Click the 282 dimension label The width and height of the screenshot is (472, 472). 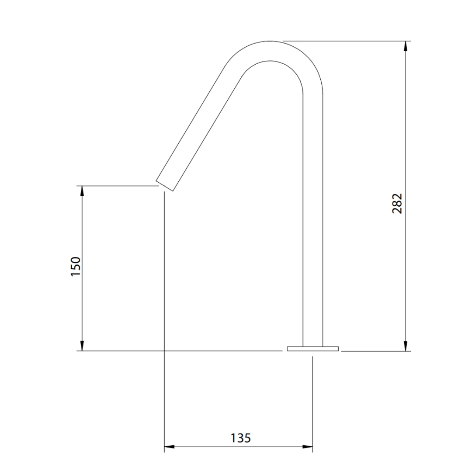coord(397,204)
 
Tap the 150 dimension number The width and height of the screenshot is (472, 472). coord(76,267)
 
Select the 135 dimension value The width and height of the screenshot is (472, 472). coord(240,438)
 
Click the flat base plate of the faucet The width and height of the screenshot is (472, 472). coord(313,349)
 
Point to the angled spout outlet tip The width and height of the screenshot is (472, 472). coord(164,186)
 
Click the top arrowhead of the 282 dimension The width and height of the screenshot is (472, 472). coord(406,46)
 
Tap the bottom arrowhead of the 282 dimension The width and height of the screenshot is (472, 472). coord(406,346)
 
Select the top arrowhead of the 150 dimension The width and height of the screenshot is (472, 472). coord(82,191)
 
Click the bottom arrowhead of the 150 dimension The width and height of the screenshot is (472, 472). coord(82,346)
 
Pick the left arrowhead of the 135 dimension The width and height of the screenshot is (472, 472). coord(170,446)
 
